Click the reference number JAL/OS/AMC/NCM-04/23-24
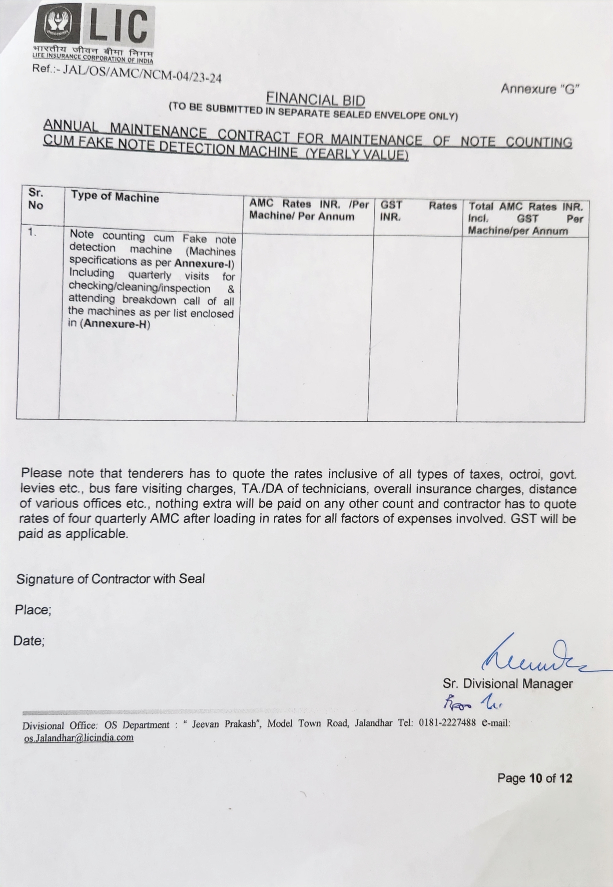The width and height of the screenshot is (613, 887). (x=142, y=73)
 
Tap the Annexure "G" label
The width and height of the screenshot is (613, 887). (x=539, y=89)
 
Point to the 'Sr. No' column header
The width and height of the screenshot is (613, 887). (x=36, y=199)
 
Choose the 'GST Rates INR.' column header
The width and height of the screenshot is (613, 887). (x=418, y=211)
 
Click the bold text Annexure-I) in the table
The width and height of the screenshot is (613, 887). (x=204, y=264)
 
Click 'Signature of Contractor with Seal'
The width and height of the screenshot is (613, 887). (x=111, y=579)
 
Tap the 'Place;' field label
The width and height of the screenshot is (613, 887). (x=33, y=610)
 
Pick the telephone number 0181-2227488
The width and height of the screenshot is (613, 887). (x=447, y=723)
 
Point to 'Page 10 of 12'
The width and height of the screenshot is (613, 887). (x=534, y=778)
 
